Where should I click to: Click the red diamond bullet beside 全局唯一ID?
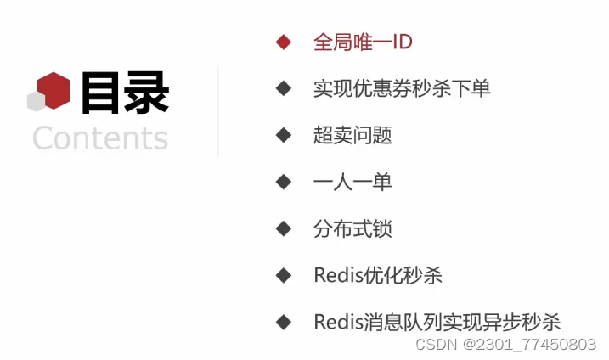284,42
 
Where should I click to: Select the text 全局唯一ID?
363,42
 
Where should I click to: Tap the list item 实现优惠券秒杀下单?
402,88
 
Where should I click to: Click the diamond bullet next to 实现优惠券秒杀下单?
284,88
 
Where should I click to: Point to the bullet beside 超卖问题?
284,135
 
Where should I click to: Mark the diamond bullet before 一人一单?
284,182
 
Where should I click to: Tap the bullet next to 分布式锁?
284,228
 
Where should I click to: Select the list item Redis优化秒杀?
378,275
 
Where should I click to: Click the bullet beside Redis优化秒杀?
284,275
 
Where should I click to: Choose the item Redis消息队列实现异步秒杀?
437,322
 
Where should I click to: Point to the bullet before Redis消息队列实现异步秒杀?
284,322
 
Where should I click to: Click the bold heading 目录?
125,93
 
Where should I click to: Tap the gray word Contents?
100,138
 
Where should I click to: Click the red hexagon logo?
55,89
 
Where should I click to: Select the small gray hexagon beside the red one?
36,101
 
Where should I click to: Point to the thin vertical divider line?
218,110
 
